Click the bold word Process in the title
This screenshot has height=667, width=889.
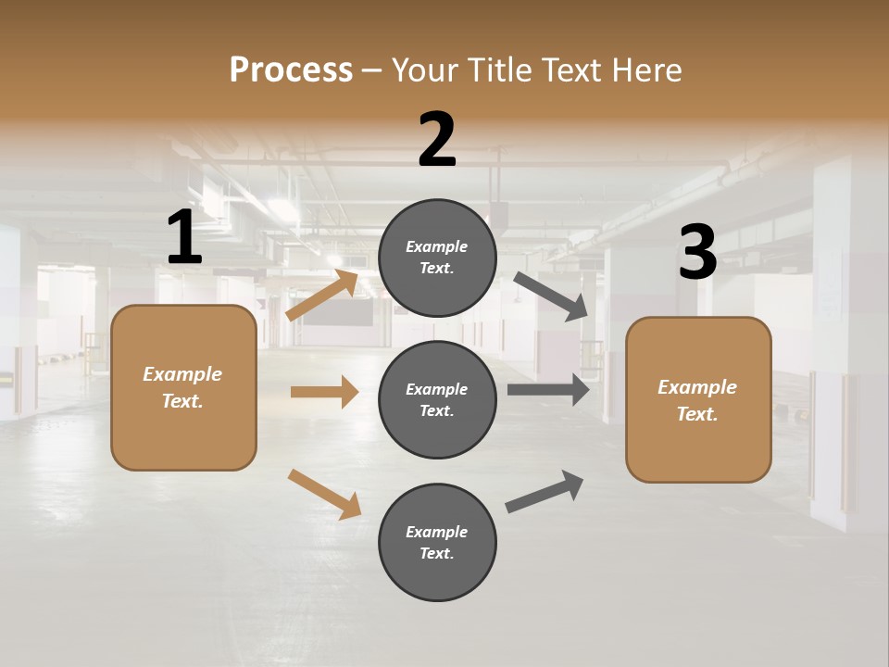(x=291, y=70)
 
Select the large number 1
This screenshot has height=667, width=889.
(x=184, y=238)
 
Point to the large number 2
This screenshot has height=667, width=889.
(x=437, y=140)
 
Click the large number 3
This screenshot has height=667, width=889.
(x=697, y=253)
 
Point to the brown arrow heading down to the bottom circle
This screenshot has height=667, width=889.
(x=324, y=493)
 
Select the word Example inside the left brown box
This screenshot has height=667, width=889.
(x=182, y=374)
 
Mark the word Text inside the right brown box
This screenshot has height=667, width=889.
(x=696, y=414)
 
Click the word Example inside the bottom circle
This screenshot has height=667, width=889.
(x=436, y=532)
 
